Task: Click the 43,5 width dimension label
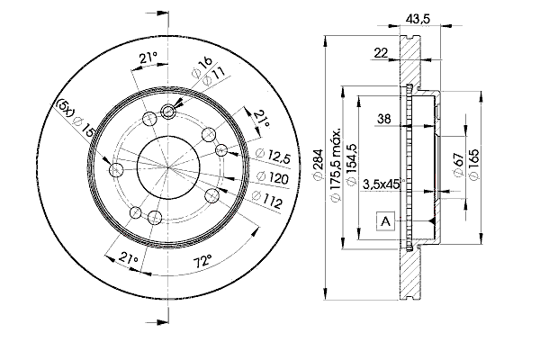(x=418, y=18)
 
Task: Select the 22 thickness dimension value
(x=381, y=53)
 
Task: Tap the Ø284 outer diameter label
(x=319, y=164)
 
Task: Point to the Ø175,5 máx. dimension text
(x=335, y=165)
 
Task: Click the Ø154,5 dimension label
(x=352, y=165)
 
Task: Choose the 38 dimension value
(x=384, y=119)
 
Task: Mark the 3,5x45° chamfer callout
(x=382, y=184)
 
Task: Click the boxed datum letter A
(x=386, y=221)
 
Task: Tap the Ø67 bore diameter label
(x=459, y=165)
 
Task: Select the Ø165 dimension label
(x=474, y=164)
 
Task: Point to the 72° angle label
(x=202, y=262)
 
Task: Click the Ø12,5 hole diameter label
(x=274, y=156)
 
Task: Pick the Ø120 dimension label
(x=273, y=178)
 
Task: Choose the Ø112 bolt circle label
(x=267, y=200)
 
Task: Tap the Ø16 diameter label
(x=202, y=67)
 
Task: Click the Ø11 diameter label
(x=213, y=76)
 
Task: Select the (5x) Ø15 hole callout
(x=75, y=117)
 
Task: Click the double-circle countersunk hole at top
(x=168, y=112)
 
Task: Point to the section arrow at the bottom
(x=157, y=322)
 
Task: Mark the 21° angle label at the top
(x=148, y=58)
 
